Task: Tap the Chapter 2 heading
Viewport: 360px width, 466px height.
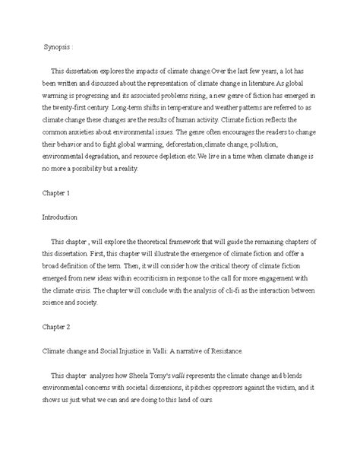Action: (x=54, y=330)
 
